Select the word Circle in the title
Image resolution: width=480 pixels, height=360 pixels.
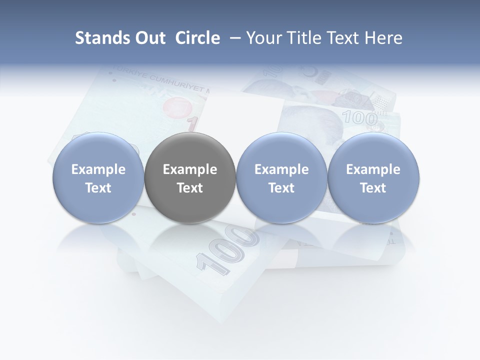click(197, 38)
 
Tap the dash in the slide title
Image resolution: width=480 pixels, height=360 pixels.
click(233, 38)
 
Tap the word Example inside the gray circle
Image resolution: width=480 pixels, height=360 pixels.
click(190, 170)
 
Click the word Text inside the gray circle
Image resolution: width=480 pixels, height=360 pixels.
click(190, 188)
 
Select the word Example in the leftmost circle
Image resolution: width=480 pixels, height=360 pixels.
click(98, 170)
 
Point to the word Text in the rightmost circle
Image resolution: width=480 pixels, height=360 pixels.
click(373, 188)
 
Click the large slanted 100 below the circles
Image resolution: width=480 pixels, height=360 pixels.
click(227, 247)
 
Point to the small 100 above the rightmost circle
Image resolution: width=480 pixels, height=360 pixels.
click(359, 118)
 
